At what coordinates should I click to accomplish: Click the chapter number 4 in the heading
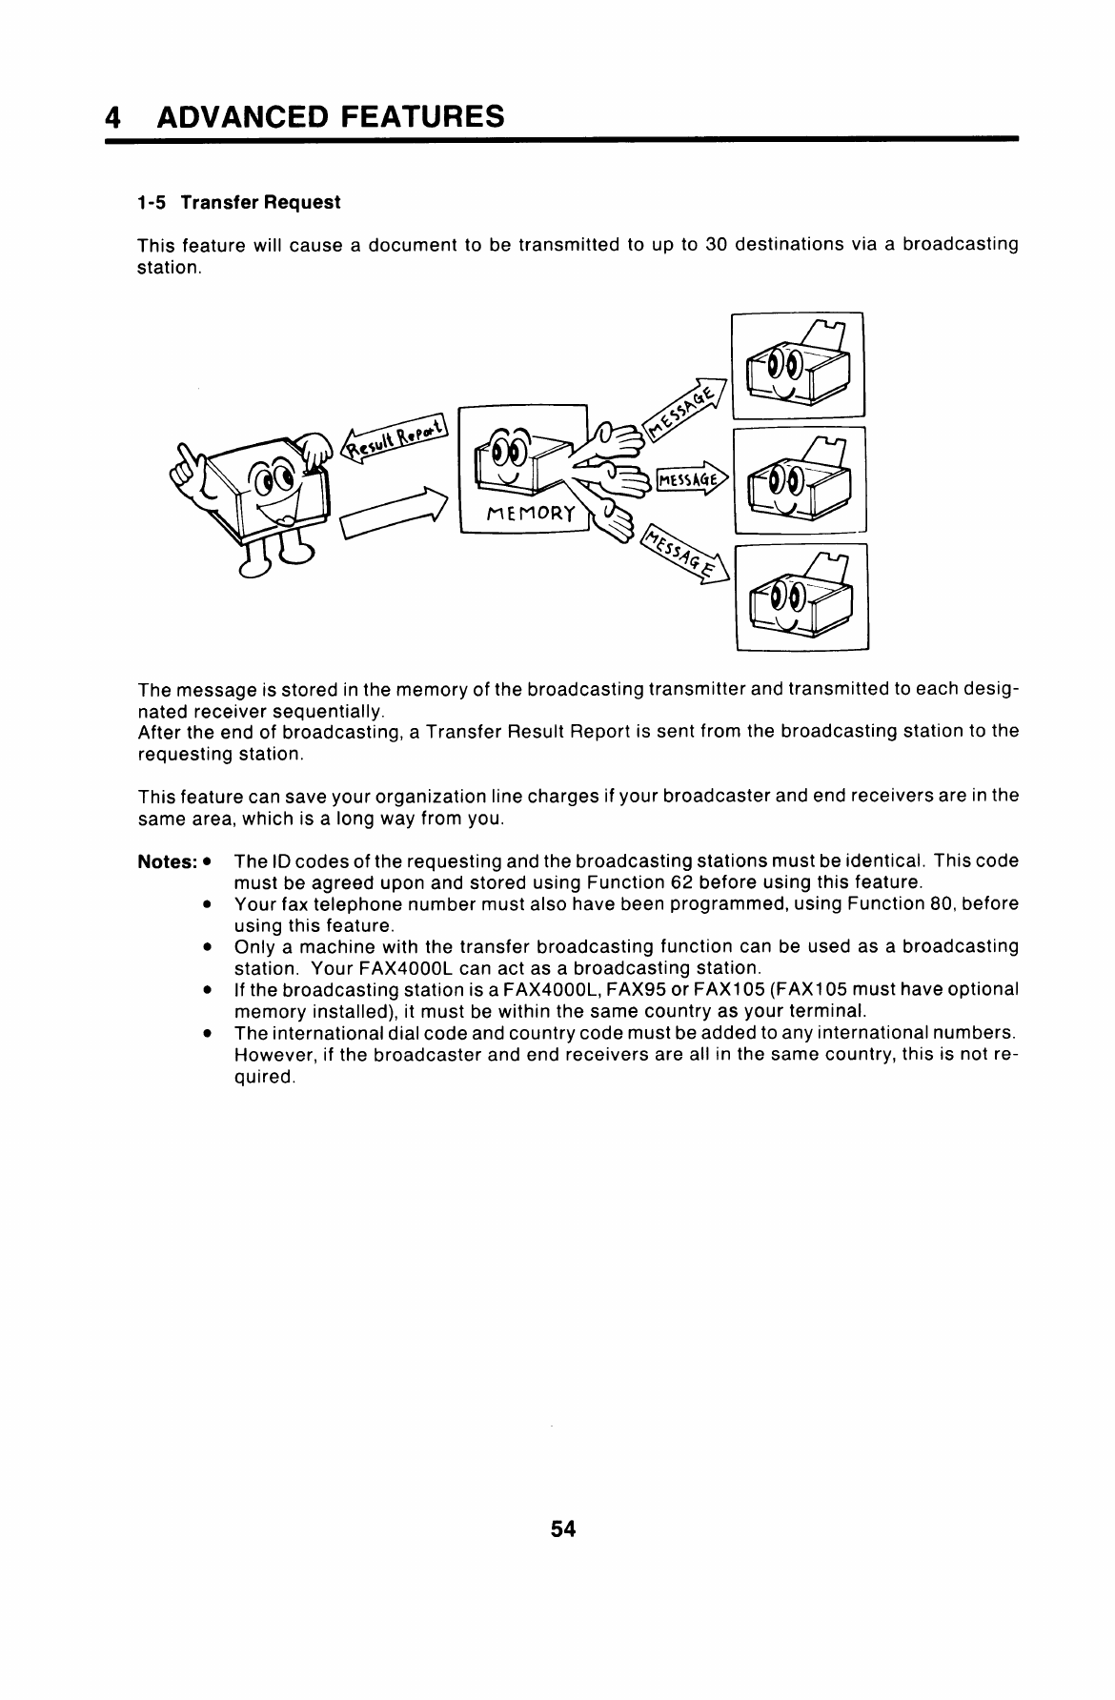(x=113, y=117)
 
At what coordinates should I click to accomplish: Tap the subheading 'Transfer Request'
(x=260, y=203)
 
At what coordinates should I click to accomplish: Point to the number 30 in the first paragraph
(x=716, y=244)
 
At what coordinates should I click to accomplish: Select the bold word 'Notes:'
(x=167, y=861)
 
